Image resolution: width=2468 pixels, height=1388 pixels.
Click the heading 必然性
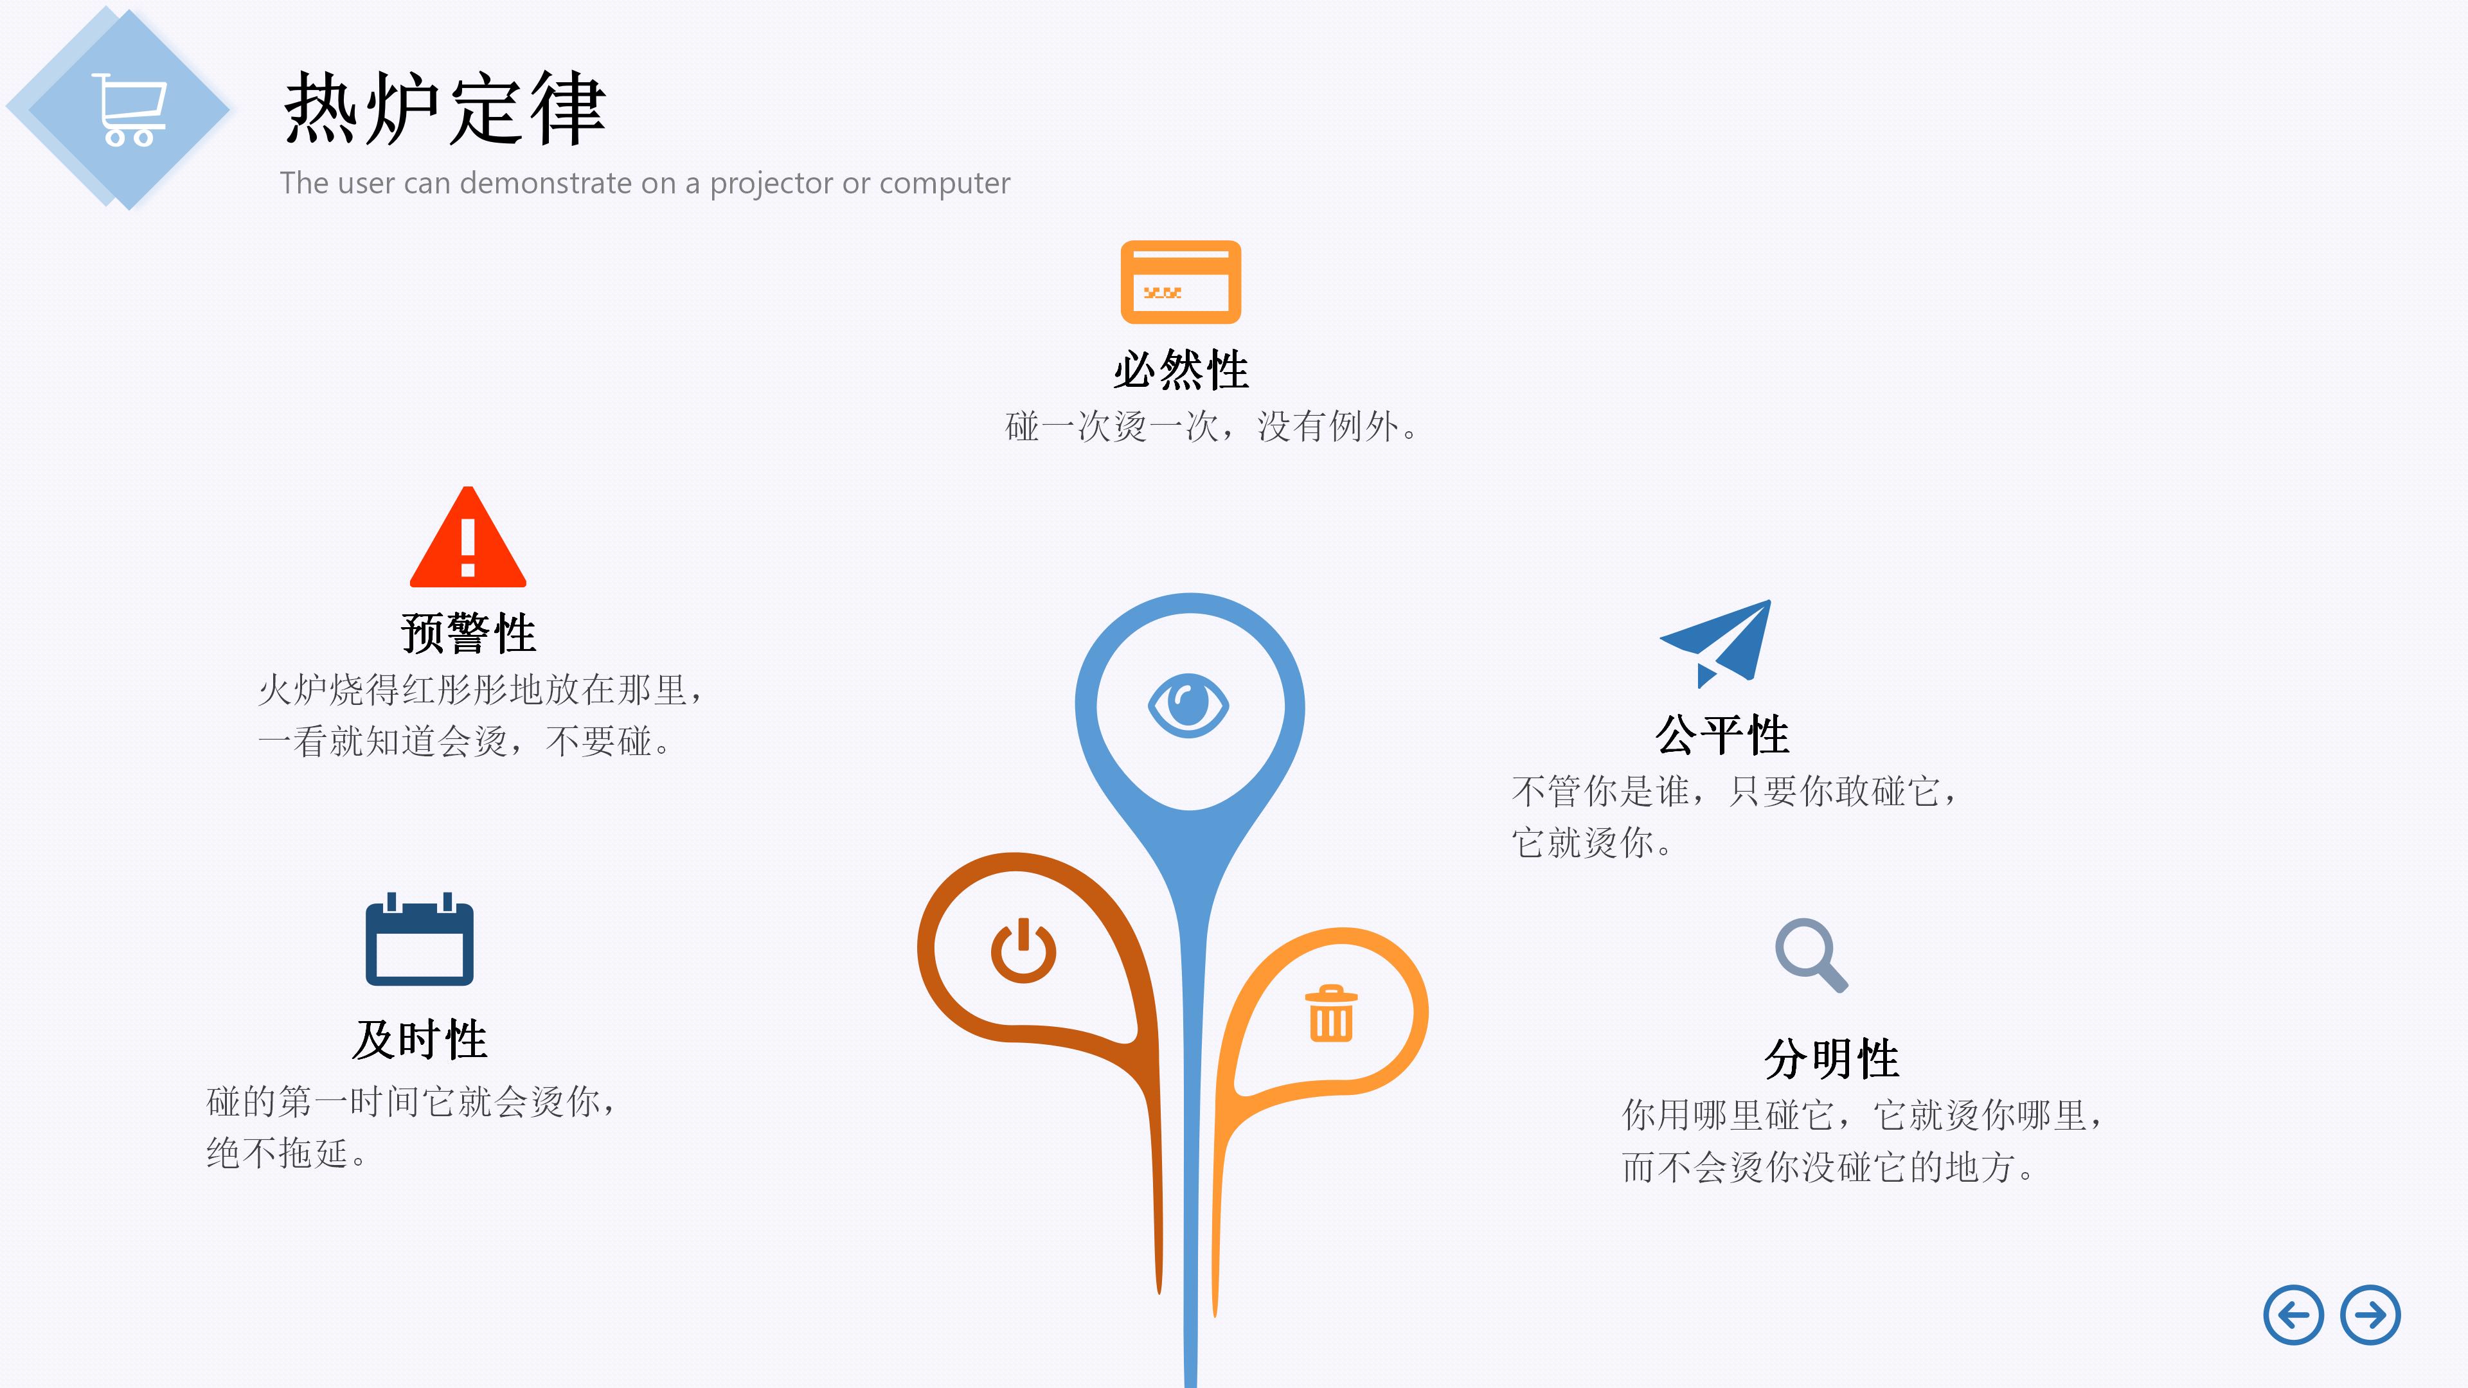point(1181,369)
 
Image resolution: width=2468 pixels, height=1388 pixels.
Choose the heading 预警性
point(467,633)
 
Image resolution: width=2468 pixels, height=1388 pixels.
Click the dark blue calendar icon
point(420,941)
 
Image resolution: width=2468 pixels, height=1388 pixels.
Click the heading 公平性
point(1722,734)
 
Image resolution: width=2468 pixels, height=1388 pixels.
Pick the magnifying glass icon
point(1810,955)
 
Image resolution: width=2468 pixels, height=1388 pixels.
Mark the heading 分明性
point(1831,1058)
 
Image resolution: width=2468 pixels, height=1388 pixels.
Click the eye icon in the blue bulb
point(1188,706)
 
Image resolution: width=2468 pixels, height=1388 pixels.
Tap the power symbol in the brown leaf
point(1023,950)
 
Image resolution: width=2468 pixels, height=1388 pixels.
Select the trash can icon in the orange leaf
point(1331,1013)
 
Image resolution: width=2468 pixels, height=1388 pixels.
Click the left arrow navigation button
point(2293,1315)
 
